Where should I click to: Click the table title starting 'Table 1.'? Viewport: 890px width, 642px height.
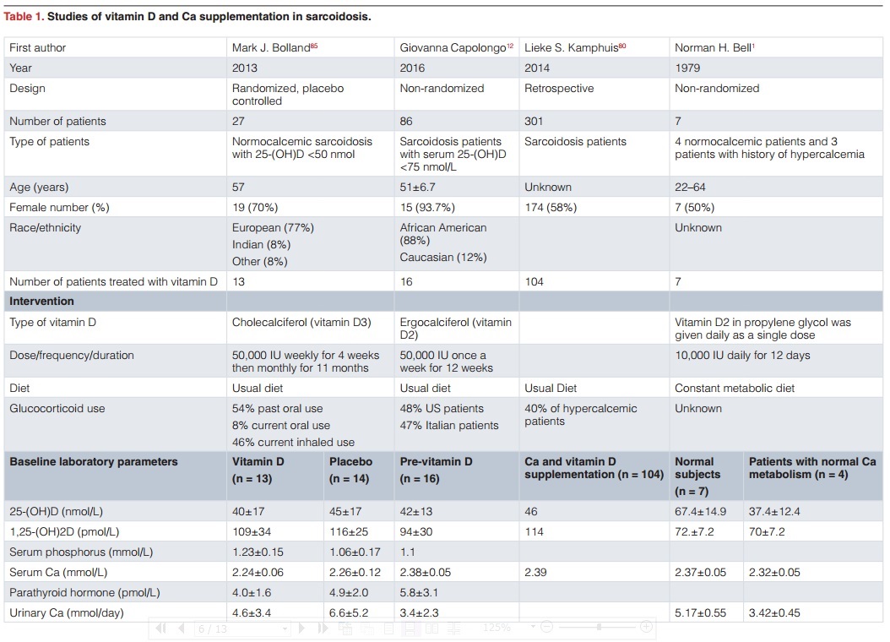[x=187, y=16]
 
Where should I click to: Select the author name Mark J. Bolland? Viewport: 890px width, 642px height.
[x=271, y=48]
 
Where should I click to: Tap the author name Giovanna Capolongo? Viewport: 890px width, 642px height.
[x=453, y=48]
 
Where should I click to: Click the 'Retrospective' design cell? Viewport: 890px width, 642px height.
[x=559, y=89]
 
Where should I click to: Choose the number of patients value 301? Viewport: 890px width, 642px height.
[x=535, y=122]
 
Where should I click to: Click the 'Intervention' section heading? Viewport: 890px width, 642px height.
[x=41, y=302]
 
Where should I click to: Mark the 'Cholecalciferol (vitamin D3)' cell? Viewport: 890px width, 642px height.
[x=301, y=322]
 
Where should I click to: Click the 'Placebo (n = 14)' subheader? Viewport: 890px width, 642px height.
[x=350, y=469]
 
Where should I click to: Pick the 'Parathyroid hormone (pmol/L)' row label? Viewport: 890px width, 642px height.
[x=84, y=593]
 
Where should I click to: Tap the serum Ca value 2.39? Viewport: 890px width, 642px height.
[x=536, y=573]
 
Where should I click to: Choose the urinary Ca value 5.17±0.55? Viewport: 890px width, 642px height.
[x=700, y=613]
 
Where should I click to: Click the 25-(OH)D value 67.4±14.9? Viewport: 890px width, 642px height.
[x=700, y=512]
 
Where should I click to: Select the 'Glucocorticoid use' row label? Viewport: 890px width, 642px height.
[x=57, y=409]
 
